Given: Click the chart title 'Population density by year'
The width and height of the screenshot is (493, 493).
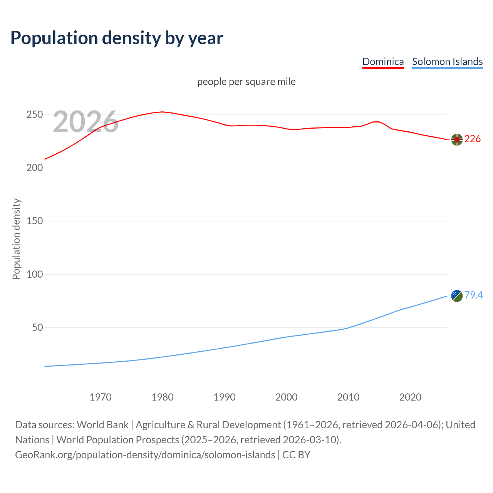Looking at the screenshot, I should pos(117,38).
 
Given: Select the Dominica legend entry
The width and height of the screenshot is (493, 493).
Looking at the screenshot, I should pos(383,62).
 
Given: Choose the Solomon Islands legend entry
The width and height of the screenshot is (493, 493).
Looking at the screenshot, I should pos(447,62).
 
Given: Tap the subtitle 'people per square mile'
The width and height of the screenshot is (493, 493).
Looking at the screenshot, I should pos(246,82).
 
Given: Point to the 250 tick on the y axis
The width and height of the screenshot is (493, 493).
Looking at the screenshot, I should pos(34,115).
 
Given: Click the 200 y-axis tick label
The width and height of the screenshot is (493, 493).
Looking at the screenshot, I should pos(34,168).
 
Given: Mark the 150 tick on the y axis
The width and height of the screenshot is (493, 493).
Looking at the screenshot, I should pos(34,221).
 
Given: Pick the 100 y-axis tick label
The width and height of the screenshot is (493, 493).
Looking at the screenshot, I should pos(34,274).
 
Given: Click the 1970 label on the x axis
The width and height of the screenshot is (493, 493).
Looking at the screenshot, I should pos(101,397).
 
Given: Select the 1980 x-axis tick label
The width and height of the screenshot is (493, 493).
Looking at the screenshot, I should pos(163,397).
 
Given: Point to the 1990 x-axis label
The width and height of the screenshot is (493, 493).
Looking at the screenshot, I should pos(225,397).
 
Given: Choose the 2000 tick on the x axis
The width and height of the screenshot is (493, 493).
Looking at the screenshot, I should pos(286,397).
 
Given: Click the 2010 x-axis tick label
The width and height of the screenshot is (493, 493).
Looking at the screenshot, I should pos(348,397).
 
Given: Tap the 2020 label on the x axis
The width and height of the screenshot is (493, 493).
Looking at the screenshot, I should pos(410,397).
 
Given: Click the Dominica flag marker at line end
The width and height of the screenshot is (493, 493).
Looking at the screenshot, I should pos(457,140).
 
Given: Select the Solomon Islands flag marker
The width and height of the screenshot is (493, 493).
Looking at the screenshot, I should pos(457,296).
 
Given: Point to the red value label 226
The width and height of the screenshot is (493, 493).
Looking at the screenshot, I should pos(473,139).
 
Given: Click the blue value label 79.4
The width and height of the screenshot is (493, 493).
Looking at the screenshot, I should pos(473,295).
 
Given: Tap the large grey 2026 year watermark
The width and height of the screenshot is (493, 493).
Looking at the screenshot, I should pos(86,122).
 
